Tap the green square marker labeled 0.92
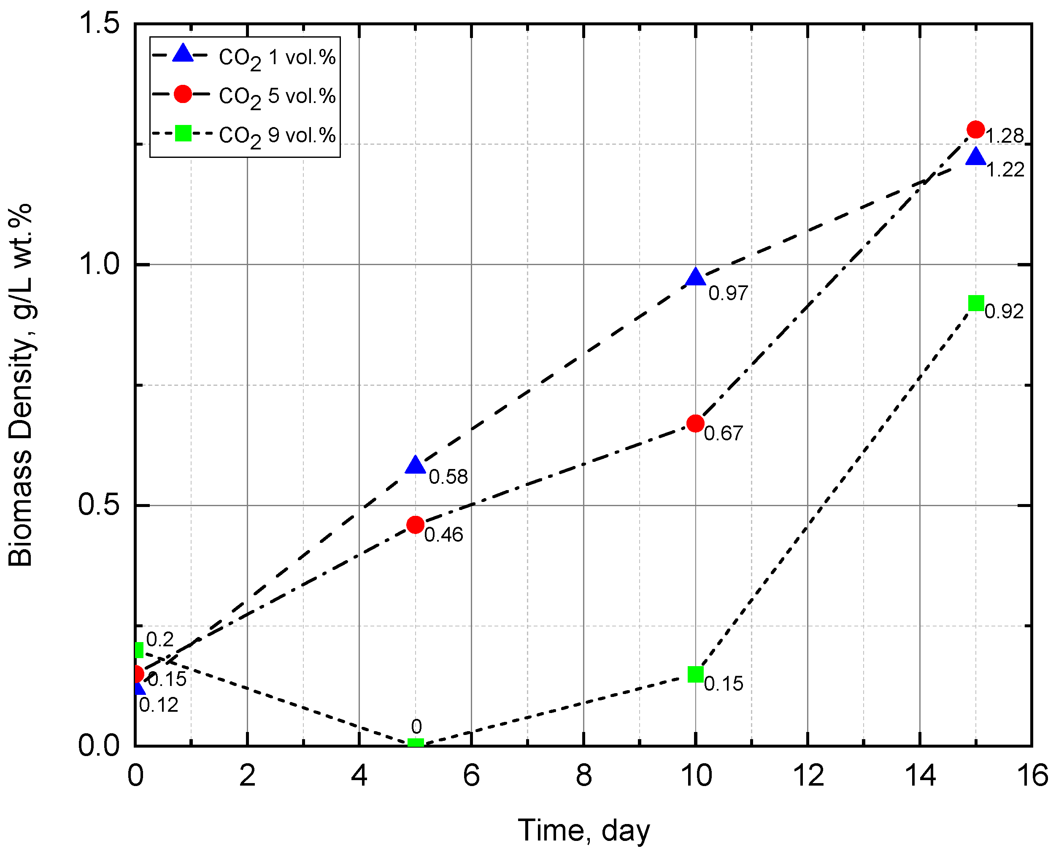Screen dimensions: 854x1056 (976, 304)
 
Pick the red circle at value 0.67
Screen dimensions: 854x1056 (695, 423)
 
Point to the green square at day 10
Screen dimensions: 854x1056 (695, 674)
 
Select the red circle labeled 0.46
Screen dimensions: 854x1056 (416, 525)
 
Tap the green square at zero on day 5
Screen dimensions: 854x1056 (416, 743)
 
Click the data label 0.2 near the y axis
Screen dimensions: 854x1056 (160, 640)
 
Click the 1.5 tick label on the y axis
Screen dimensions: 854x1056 (99, 23)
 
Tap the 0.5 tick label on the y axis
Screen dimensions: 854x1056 (99, 505)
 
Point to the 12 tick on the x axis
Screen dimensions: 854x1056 (808, 776)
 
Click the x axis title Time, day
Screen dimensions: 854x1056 (583, 831)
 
